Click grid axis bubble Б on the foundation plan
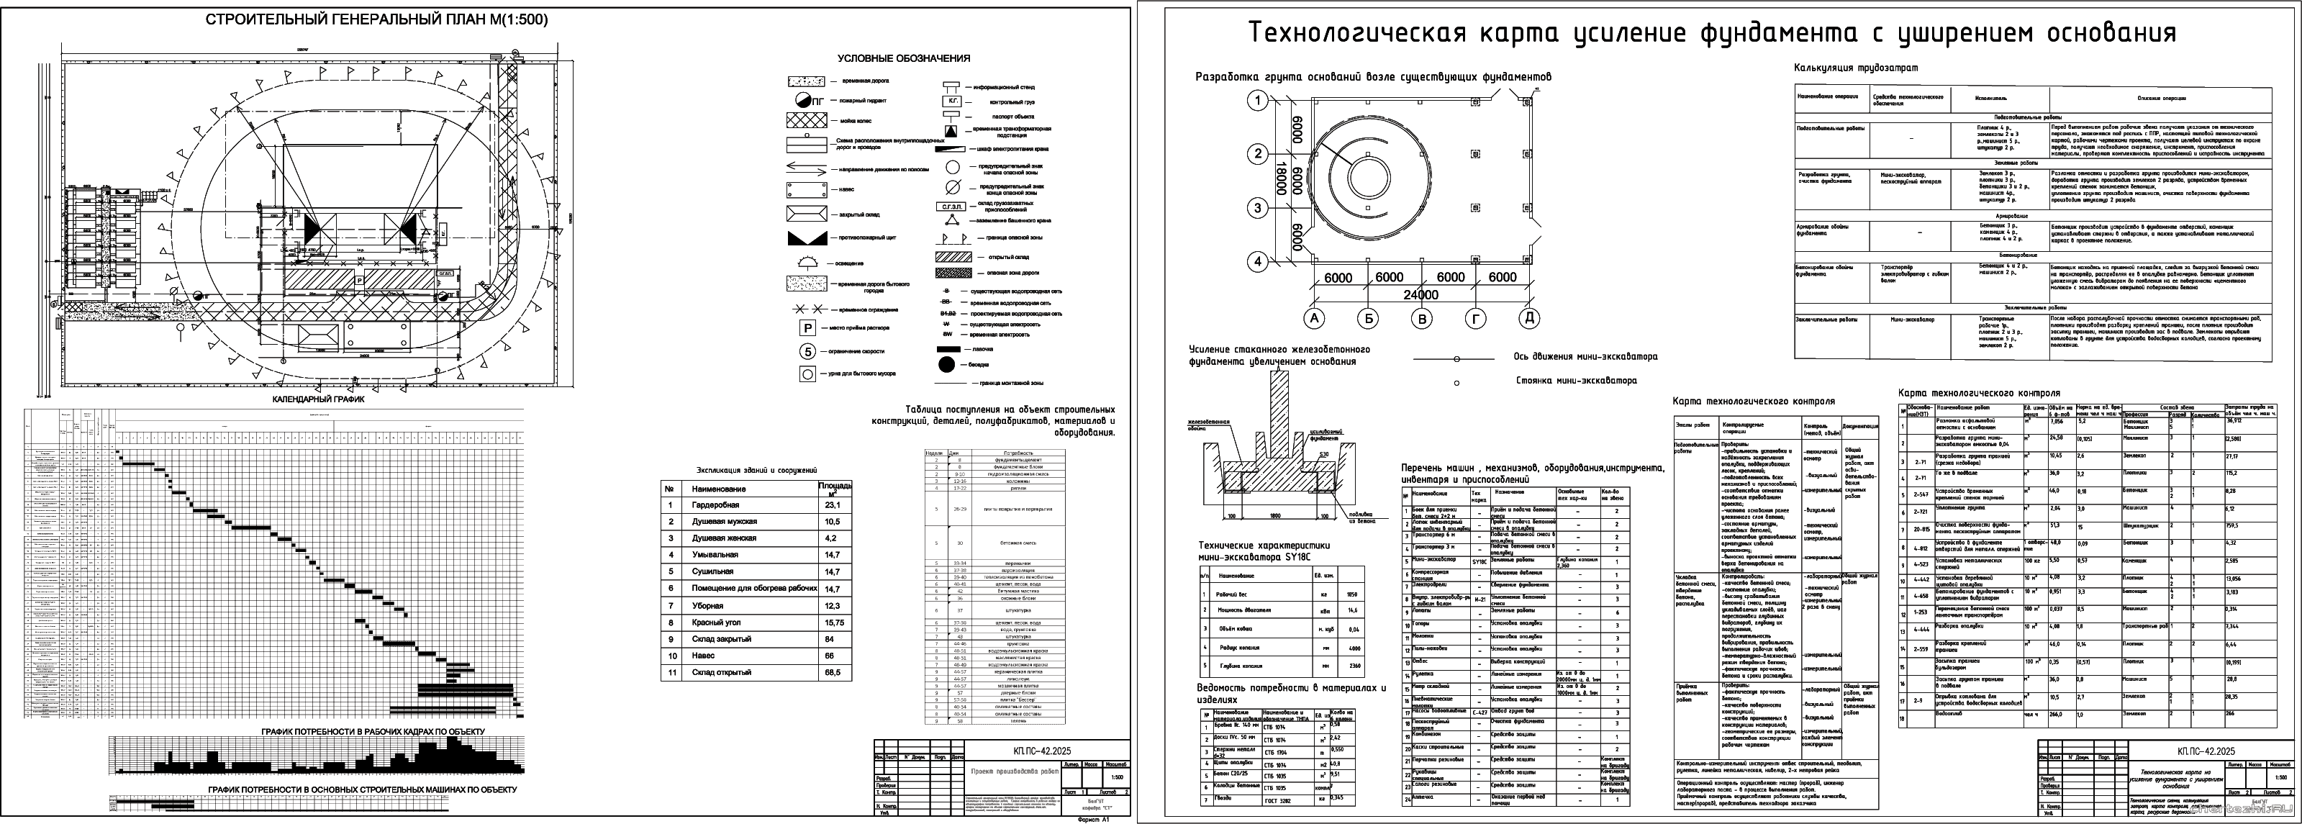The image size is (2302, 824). (1368, 317)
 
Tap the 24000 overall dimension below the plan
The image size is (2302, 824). (1421, 294)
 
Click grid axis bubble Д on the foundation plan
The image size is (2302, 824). (1529, 317)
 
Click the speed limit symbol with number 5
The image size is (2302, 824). (807, 351)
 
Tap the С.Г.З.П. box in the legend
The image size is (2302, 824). (953, 207)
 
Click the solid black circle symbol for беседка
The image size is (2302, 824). (946, 365)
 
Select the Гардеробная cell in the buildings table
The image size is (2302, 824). (716, 505)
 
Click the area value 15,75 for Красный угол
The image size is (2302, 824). (832, 622)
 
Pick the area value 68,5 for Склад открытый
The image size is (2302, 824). (832, 672)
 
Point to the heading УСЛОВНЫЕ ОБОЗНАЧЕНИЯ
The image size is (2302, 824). (904, 59)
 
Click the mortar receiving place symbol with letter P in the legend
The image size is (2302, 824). (807, 328)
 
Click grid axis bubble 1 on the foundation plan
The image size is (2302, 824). (1259, 100)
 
